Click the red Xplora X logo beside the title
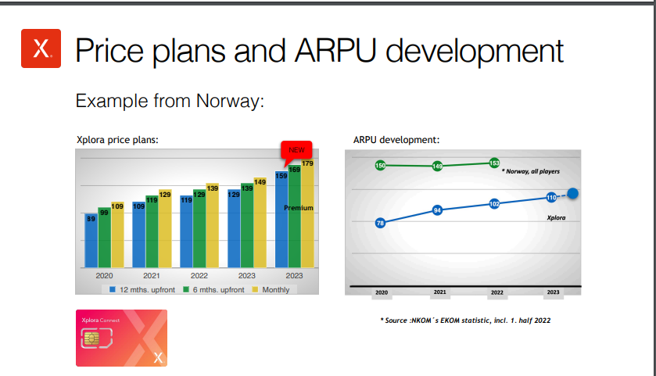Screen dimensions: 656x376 (x=41, y=48)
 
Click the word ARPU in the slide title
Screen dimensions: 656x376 (x=335, y=51)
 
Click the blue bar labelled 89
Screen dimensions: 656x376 (x=91, y=241)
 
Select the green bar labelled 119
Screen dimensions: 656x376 (x=152, y=231)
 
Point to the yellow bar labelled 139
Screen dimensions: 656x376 (x=212, y=225)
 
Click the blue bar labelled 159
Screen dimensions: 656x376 (x=281, y=219)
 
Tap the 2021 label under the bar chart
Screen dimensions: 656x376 (x=152, y=276)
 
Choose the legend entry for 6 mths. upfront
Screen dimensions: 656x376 (x=213, y=290)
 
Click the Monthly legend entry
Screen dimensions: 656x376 (x=271, y=290)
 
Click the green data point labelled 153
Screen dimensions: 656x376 (x=494, y=163)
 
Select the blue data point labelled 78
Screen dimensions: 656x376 (x=380, y=223)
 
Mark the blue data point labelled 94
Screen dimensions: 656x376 (x=437, y=210)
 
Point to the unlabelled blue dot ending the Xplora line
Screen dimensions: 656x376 (x=573, y=193)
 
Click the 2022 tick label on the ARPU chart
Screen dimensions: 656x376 (x=497, y=292)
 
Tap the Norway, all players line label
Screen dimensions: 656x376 (x=530, y=171)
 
